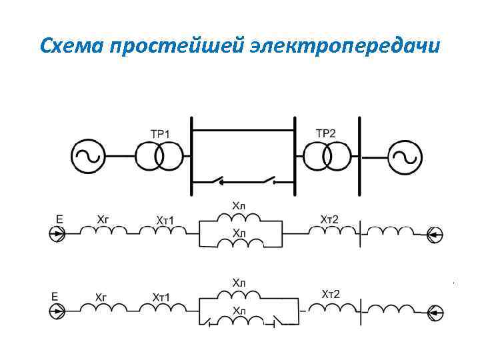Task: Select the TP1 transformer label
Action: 160,134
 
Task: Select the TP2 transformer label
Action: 325,133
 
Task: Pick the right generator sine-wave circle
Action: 404,157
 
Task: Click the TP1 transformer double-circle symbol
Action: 159,157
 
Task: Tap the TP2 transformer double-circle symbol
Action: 325,157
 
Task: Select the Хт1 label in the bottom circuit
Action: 161,296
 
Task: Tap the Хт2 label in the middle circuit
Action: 329,219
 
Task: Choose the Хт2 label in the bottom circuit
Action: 331,294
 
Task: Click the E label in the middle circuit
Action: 59,218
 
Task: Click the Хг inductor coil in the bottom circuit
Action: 103,309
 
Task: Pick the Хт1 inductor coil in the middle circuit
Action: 163,231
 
